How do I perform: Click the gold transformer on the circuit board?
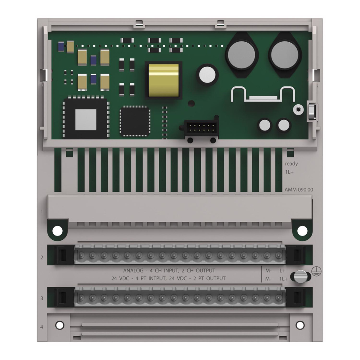coord(163,80)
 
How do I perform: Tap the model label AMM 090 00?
coord(299,190)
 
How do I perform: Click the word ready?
coord(291,164)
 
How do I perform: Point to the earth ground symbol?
coord(316,271)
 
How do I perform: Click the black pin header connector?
coord(201,128)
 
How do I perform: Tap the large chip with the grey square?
coord(86,119)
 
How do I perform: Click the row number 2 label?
coord(42,257)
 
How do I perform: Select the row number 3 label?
coord(42,298)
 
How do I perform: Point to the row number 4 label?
coord(42,327)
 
